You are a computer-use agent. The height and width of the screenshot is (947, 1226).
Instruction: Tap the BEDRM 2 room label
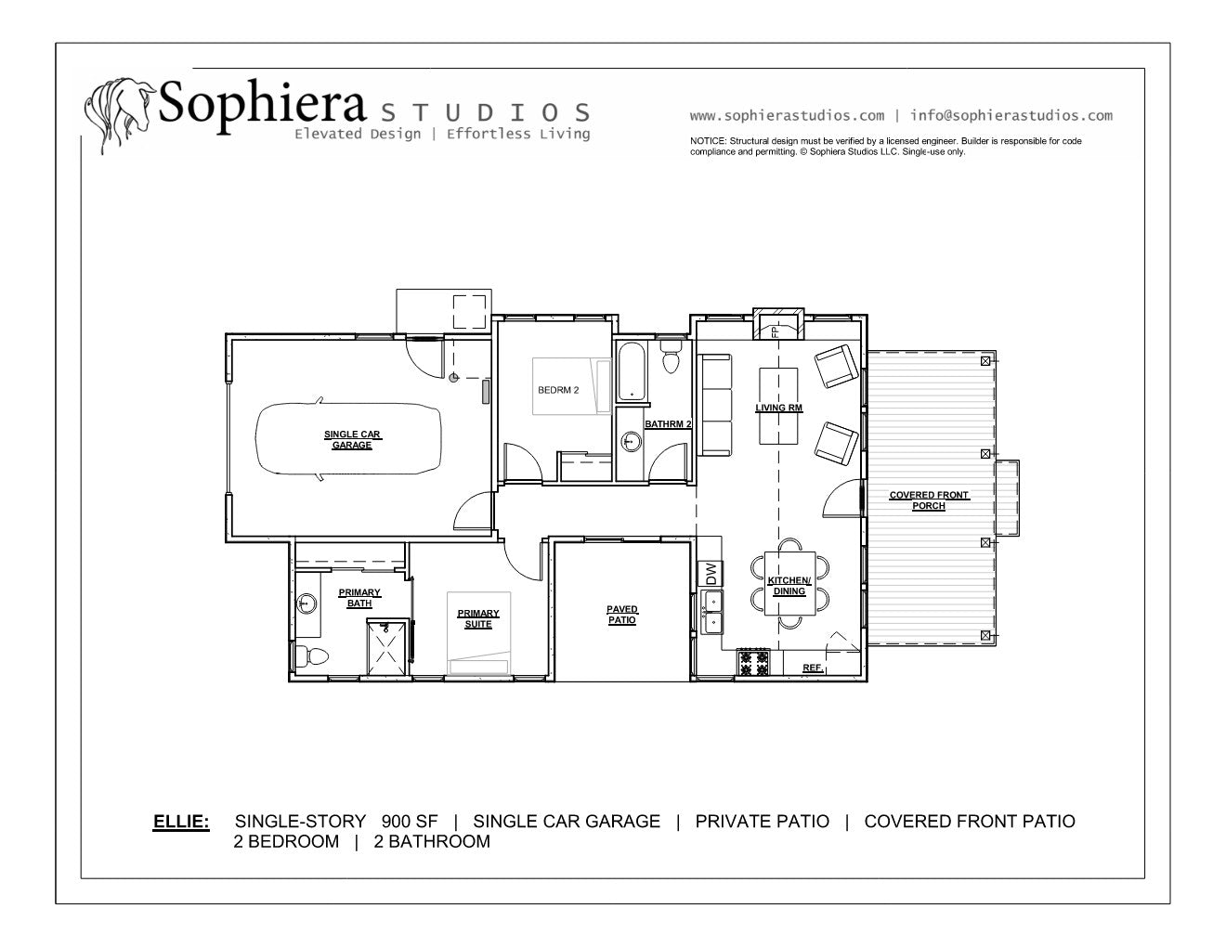558,390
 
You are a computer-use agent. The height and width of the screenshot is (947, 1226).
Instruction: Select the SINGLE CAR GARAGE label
352,439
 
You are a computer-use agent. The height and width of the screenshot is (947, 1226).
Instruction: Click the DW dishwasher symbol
711,574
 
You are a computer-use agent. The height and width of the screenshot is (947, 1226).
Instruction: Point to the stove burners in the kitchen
753,663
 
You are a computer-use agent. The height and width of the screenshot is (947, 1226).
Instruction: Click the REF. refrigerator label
813,668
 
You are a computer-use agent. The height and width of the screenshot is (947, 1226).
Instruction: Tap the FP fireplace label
776,331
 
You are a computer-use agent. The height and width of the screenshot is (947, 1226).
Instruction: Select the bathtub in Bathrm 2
632,371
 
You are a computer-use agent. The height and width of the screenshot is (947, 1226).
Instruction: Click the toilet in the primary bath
311,656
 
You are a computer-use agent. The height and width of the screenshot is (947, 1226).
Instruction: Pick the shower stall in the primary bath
386,646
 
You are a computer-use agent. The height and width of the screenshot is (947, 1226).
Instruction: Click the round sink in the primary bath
306,603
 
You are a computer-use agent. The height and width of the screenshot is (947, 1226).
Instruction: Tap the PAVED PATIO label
621,615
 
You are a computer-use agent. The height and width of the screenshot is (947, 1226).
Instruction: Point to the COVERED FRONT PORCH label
929,500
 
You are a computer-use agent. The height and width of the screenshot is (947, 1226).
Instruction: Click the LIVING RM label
778,408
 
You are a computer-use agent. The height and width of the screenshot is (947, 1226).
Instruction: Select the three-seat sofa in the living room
715,405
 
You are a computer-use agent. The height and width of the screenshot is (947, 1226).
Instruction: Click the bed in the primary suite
479,633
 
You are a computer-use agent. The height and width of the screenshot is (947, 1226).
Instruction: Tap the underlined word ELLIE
181,822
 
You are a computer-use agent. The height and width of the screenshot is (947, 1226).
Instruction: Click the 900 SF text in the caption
410,822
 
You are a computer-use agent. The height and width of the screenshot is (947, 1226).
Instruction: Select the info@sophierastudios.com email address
1011,116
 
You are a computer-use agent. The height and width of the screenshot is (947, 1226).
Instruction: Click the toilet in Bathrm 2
671,356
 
